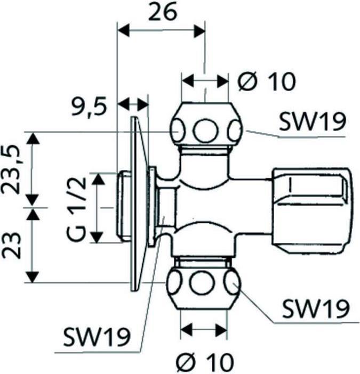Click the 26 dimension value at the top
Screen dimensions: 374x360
point(162,12)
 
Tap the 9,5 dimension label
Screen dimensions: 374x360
point(89,107)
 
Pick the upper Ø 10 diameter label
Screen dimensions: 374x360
point(266,82)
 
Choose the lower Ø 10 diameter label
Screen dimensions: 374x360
point(205,363)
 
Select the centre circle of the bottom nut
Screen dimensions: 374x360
point(203,284)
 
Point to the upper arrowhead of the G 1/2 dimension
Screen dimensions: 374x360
point(98,178)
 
